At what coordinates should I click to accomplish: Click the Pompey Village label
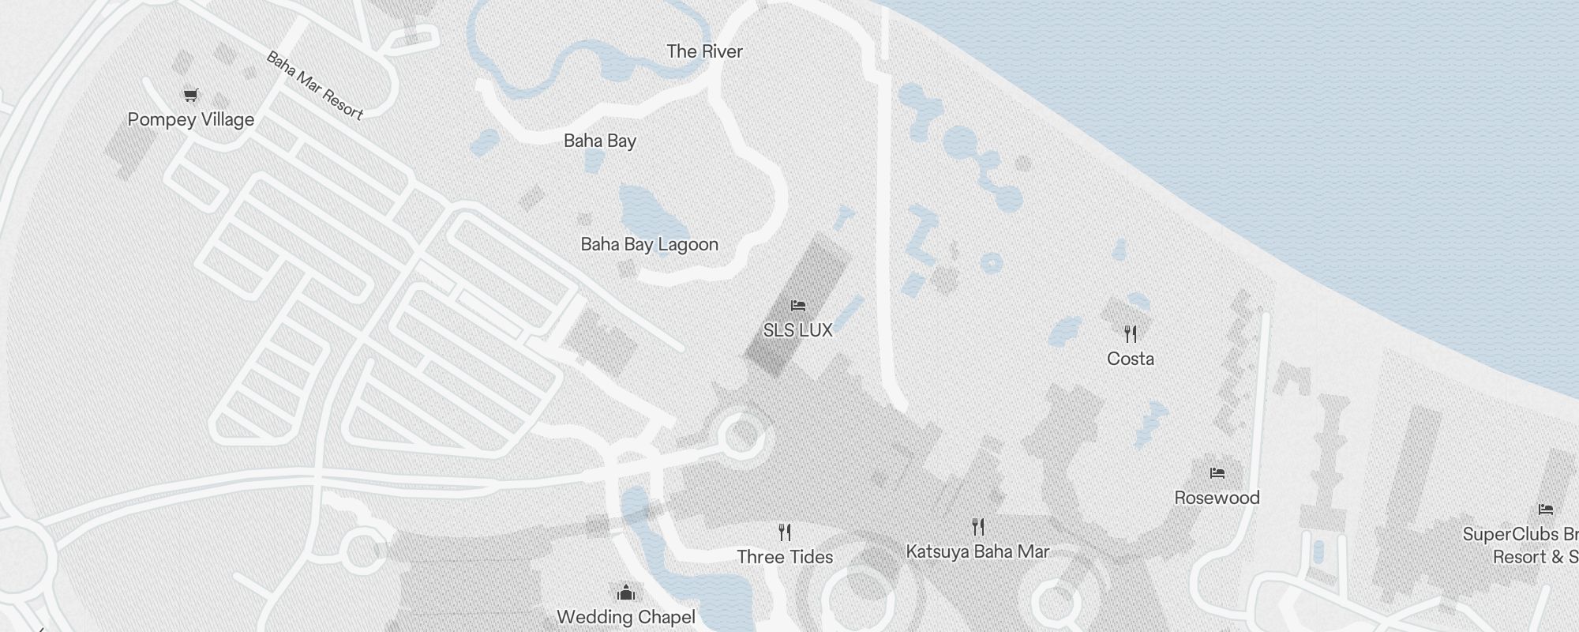(x=191, y=120)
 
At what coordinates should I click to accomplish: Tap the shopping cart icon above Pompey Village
(x=190, y=96)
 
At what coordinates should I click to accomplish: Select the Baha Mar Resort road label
(x=314, y=85)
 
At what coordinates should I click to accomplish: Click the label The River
(x=704, y=52)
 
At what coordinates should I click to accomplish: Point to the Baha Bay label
(x=600, y=141)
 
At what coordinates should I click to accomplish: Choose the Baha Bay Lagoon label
(x=649, y=245)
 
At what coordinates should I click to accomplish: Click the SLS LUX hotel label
(x=797, y=330)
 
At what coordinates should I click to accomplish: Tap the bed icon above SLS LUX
(x=798, y=306)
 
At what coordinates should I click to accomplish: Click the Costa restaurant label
(x=1131, y=359)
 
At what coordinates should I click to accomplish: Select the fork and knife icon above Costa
(x=1131, y=334)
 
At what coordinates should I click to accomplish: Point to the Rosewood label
(x=1217, y=498)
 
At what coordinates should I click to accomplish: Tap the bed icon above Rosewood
(x=1217, y=473)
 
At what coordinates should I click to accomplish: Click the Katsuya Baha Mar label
(x=977, y=551)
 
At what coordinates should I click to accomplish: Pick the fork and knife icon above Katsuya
(x=978, y=526)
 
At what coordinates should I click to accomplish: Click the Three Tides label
(x=785, y=557)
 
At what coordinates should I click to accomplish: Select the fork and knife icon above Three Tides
(x=785, y=531)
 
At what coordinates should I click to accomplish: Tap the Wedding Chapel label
(x=626, y=617)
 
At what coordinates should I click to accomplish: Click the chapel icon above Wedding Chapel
(x=626, y=592)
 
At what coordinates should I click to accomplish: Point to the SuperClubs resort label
(x=1519, y=545)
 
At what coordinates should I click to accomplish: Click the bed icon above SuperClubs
(x=1545, y=510)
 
